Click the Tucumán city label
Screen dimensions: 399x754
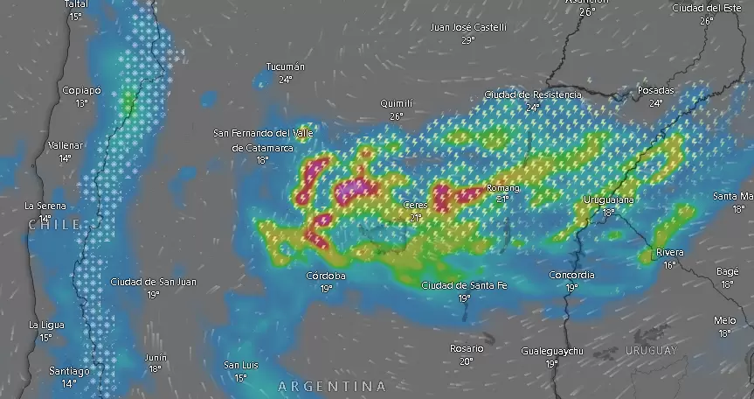(286, 66)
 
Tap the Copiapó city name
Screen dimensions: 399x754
(81, 90)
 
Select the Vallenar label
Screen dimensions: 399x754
(66, 145)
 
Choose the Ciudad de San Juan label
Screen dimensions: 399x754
(154, 282)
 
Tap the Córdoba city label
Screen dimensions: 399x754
(326, 276)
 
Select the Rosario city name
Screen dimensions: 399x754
(467, 348)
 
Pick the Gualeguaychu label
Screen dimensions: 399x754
(551, 351)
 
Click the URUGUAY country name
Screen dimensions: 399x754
(651, 351)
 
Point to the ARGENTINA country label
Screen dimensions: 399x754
(331, 386)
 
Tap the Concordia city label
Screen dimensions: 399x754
(571, 275)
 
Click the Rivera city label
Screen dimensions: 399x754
(670, 253)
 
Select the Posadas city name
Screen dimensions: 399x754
(655, 90)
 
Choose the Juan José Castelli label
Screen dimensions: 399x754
(468, 27)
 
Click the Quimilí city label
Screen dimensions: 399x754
(396, 103)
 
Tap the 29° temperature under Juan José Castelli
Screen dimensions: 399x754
(468, 40)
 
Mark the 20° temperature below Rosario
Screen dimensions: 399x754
(466, 361)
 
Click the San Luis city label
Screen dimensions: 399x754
(240, 365)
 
